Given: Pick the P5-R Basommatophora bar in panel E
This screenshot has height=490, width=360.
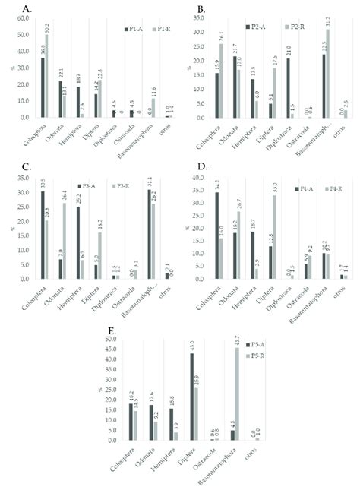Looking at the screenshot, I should tap(242, 394).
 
